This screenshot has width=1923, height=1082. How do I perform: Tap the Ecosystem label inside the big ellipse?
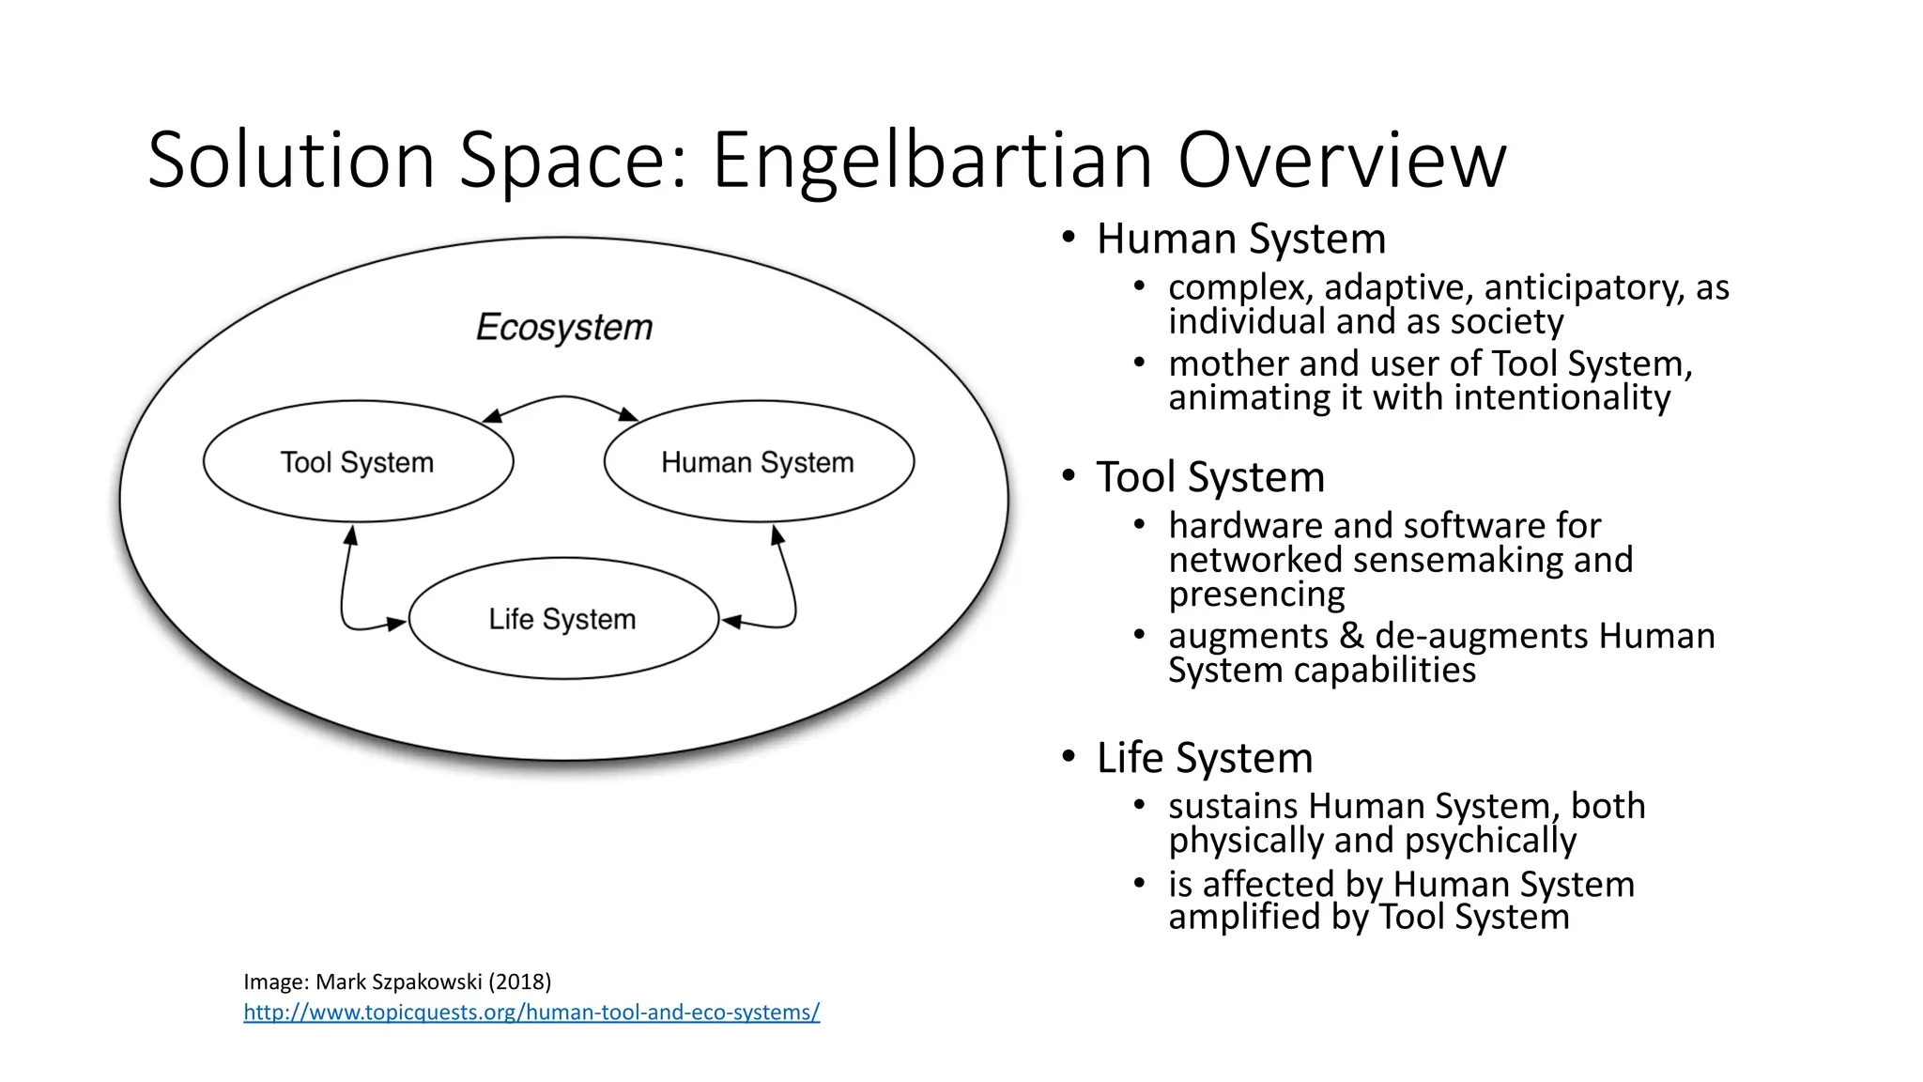point(564,327)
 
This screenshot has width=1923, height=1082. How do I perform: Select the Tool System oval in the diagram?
point(358,462)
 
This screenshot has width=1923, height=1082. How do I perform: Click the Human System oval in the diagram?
point(758,462)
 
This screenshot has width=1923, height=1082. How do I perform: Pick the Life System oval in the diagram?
point(562,619)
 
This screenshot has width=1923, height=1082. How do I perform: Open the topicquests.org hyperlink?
point(531,1012)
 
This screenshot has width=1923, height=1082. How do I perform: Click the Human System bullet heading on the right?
point(1240,239)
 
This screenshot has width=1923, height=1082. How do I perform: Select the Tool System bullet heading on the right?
point(1210,477)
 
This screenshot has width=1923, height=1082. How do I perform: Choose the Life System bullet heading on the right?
point(1205,758)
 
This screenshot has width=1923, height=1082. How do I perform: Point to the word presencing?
point(1256,595)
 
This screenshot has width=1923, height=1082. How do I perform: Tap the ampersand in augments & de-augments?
point(1351,636)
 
